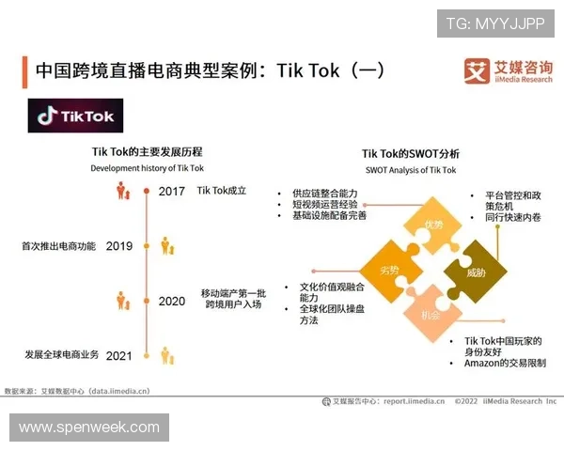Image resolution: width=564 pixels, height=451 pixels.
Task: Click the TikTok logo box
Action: [76, 117]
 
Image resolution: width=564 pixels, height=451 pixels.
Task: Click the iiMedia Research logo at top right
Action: [509, 71]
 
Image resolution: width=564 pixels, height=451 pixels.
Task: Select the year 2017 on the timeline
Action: [172, 192]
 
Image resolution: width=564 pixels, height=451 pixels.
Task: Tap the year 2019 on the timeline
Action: [119, 246]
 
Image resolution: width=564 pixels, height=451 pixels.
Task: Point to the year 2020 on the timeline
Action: [172, 302]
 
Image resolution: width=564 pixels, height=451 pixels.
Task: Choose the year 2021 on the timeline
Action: [119, 355]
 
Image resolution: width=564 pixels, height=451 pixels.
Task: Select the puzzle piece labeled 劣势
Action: [388, 270]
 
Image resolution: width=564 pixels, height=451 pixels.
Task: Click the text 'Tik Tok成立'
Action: [221, 191]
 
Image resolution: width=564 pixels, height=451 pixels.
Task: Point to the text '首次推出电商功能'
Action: [58, 246]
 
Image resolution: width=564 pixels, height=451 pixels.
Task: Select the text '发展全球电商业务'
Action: [58, 355]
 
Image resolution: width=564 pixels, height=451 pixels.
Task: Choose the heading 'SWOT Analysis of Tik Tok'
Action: [410, 170]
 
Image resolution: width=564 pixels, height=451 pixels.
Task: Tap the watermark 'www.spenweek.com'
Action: [89, 428]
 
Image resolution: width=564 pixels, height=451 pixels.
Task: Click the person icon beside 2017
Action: [122, 192]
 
